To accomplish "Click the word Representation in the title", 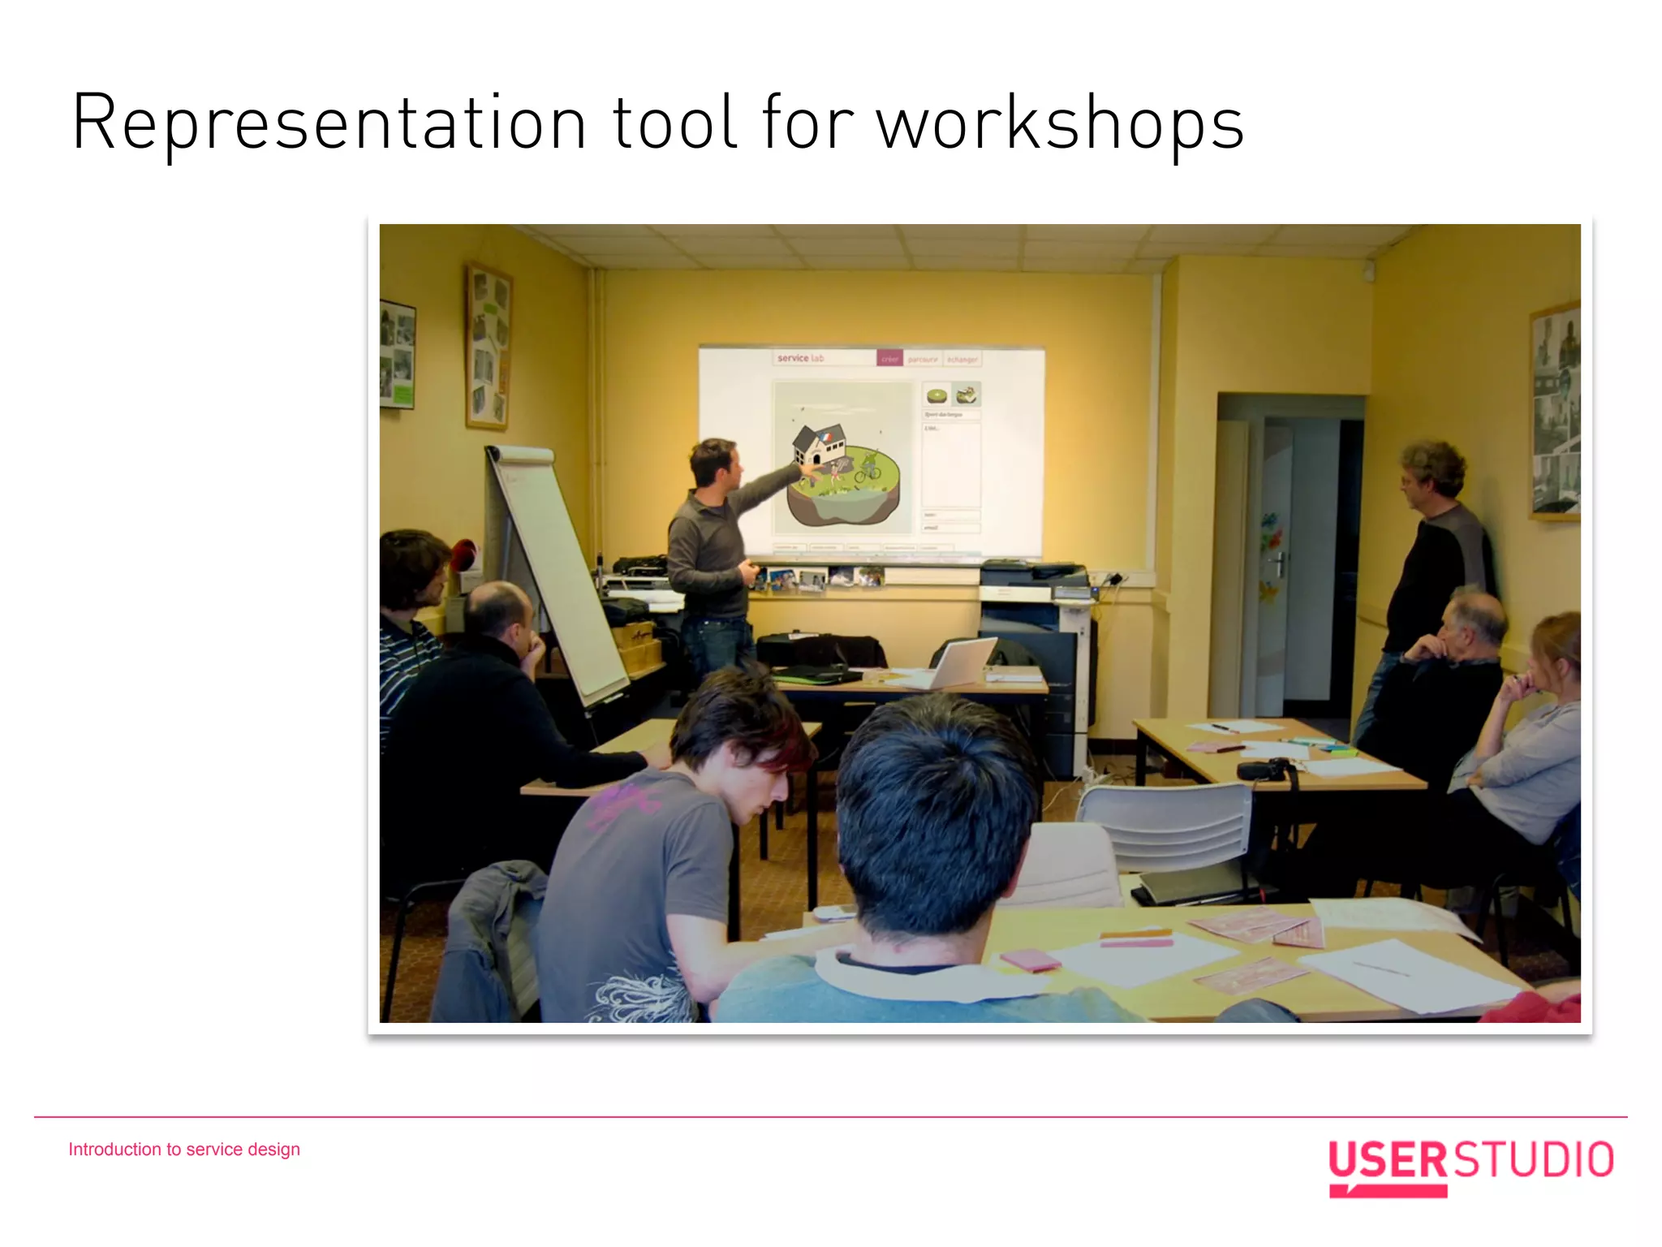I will pos(329,123).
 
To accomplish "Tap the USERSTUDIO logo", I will pos(1470,1164).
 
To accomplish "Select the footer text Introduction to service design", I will pos(184,1150).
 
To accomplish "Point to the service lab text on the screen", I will pos(800,358).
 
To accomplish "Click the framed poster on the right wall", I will pos(1554,410).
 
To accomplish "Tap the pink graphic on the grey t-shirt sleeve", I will pos(623,804).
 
